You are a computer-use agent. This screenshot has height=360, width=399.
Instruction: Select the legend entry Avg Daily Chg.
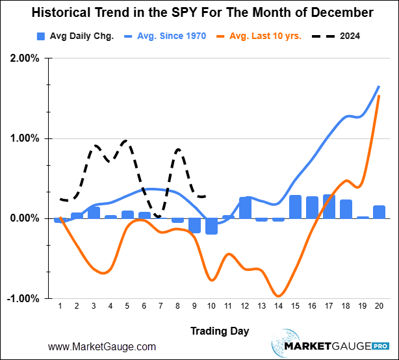tap(76, 36)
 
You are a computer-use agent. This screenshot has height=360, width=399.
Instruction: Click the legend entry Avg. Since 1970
tap(166, 36)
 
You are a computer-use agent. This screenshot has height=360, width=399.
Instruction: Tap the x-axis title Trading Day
tap(220, 331)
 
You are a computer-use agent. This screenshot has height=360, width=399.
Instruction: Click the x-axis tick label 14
tap(278, 306)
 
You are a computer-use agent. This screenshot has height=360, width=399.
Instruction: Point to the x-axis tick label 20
tap(379, 306)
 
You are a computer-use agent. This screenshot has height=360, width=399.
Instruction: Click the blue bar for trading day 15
tap(295, 207)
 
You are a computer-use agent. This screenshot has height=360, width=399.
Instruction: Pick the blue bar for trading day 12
tap(245, 208)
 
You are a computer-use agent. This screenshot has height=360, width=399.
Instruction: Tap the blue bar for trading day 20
tap(379, 212)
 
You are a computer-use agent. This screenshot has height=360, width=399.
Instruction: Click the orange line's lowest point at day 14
tap(278, 296)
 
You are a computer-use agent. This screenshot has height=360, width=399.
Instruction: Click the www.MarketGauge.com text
tap(102, 347)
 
